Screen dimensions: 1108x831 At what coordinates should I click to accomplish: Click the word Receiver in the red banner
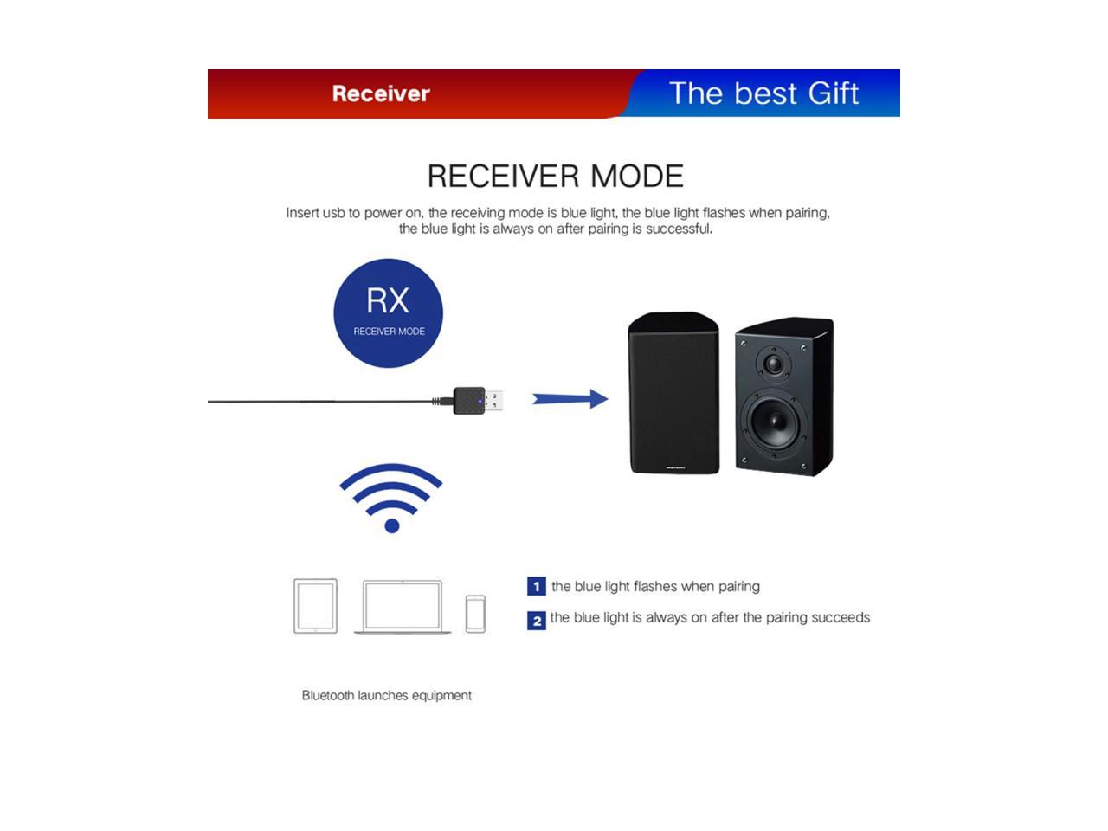pyautogui.click(x=381, y=93)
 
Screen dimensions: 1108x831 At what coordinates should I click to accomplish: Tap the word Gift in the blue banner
pyautogui.click(x=833, y=93)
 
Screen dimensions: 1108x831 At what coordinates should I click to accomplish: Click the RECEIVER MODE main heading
pyautogui.click(x=555, y=176)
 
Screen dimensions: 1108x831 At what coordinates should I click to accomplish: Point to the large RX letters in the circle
pyautogui.click(x=388, y=300)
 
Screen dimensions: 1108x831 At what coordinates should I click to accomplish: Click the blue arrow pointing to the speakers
pyautogui.click(x=570, y=399)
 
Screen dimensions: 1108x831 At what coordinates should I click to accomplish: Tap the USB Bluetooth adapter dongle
pyautogui.click(x=477, y=401)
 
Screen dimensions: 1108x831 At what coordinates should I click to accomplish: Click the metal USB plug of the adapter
pyautogui.click(x=493, y=401)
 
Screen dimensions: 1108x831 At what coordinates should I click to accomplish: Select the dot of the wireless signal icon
pyautogui.click(x=392, y=525)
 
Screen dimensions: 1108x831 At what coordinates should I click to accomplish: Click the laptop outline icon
pyautogui.click(x=403, y=607)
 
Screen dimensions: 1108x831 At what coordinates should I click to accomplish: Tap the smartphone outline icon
pyautogui.click(x=475, y=614)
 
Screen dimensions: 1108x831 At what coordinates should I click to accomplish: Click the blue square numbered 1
pyautogui.click(x=537, y=586)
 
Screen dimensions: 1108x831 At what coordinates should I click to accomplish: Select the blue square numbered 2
pyautogui.click(x=537, y=621)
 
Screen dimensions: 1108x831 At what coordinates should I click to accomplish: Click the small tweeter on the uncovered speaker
pyautogui.click(x=773, y=363)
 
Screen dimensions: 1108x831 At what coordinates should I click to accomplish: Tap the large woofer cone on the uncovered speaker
pyautogui.click(x=774, y=422)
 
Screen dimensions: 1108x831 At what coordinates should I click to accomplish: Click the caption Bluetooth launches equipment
pyautogui.click(x=387, y=695)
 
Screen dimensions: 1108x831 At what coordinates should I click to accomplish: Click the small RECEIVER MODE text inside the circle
pyautogui.click(x=389, y=332)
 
